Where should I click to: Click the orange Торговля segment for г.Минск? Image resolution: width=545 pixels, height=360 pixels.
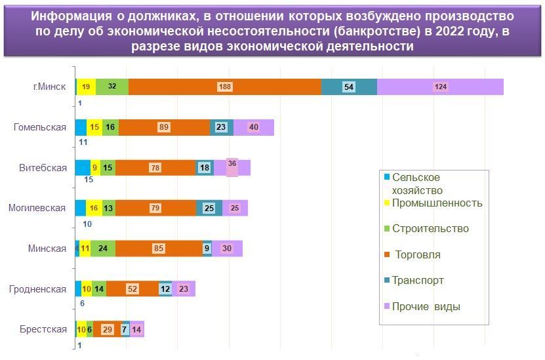[224, 87]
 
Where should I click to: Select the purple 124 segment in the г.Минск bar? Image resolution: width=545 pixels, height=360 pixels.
[440, 87]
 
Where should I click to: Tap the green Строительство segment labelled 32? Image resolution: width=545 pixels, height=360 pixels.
[112, 87]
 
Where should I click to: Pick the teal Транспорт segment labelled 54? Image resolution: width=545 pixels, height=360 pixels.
[349, 87]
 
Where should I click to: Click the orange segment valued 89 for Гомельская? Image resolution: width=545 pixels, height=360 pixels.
[164, 128]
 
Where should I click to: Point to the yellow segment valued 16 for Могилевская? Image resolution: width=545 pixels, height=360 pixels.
[94, 209]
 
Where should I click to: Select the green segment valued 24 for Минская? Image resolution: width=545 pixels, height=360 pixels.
[103, 249]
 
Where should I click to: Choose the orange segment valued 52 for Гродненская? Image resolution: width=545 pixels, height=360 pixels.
[132, 289]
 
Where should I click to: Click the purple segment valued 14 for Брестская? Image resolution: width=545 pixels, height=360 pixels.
[136, 329]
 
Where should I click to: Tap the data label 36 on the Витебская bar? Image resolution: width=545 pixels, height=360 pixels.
[232, 163]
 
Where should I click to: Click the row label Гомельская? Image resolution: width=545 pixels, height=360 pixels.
[40, 127]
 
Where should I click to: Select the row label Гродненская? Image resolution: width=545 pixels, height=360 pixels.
[37, 289]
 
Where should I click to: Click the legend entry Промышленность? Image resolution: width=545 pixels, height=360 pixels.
[437, 203]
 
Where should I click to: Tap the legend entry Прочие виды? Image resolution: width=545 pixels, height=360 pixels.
[426, 306]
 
